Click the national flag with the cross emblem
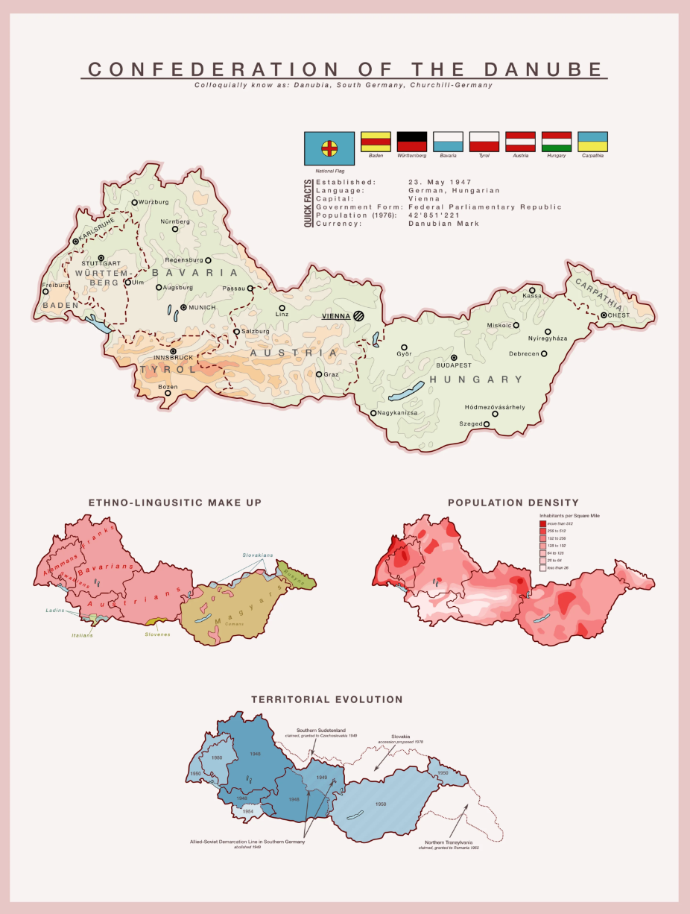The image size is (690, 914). [x=329, y=148]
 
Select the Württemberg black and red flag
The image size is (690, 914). [x=411, y=141]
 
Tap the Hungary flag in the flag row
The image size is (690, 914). [x=556, y=141]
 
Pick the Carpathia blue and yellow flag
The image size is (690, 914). [x=592, y=141]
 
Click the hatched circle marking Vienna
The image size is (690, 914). [x=359, y=316]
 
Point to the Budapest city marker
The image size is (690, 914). [x=454, y=357]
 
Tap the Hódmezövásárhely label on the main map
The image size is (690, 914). [x=495, y=407]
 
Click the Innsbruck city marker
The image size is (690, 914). [x=173, y=351]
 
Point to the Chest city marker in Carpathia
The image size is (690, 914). [x=604, y=315]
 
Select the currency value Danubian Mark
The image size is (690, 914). [x=443, y=224]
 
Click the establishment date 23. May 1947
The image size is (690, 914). [x=440, y=182]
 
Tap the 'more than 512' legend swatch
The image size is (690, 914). [x=542, y=524]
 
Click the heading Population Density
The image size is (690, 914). [x=513, y=503]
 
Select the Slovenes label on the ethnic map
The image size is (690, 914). [x=157, y=634]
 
